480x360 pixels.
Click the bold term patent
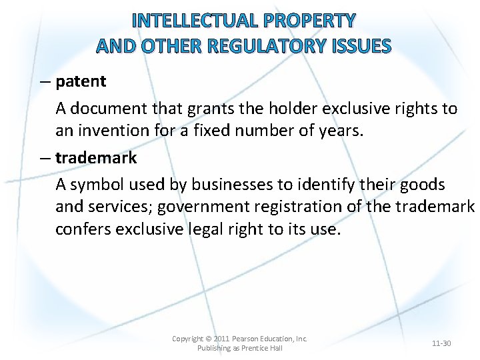click(x=81, y=81)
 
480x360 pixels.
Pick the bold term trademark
click(x=96, y=158)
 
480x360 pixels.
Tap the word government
click(x=223, y=207)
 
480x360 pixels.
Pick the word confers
click(x=83, y=230)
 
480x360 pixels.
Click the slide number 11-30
click(x=441, y=343)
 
